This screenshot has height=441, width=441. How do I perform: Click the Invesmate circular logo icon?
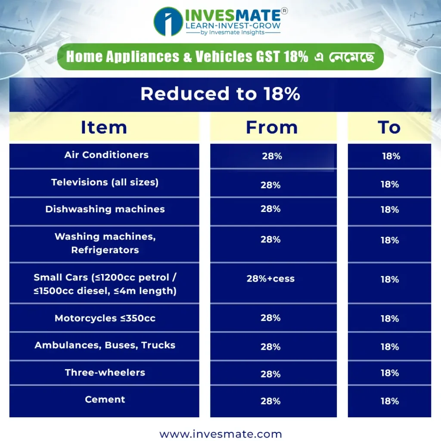(168, 22)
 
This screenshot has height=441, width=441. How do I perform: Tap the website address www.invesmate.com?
(220, 434)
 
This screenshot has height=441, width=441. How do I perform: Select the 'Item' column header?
(104, 127)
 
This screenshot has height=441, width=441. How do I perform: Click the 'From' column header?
(272, 127)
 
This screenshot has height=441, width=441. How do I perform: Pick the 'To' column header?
(389, 127)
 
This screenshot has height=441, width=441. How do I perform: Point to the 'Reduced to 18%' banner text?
(220, 93)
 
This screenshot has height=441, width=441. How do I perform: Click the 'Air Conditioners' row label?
(106, 155)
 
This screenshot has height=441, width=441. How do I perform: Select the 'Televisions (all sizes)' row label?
(105, 182)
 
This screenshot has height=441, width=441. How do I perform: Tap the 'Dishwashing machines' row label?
(105, 209)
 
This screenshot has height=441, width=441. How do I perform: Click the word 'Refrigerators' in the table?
(105, 250)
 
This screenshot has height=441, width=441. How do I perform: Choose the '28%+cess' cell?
(270, 279)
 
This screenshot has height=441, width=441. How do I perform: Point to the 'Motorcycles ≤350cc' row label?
(105, 318)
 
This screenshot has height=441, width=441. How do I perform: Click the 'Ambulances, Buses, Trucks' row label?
(105, 345)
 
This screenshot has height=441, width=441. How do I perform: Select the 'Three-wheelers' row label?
(105, 373)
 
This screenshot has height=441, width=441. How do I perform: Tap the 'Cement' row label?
(105, 399)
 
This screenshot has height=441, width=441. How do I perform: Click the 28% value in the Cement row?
(270, 401)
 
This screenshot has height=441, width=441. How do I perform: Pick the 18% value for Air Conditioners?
(391, 156)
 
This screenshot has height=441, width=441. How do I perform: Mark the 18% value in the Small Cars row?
(389, 280)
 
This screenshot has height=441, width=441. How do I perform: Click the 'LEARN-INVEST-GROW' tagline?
(233, 25)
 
